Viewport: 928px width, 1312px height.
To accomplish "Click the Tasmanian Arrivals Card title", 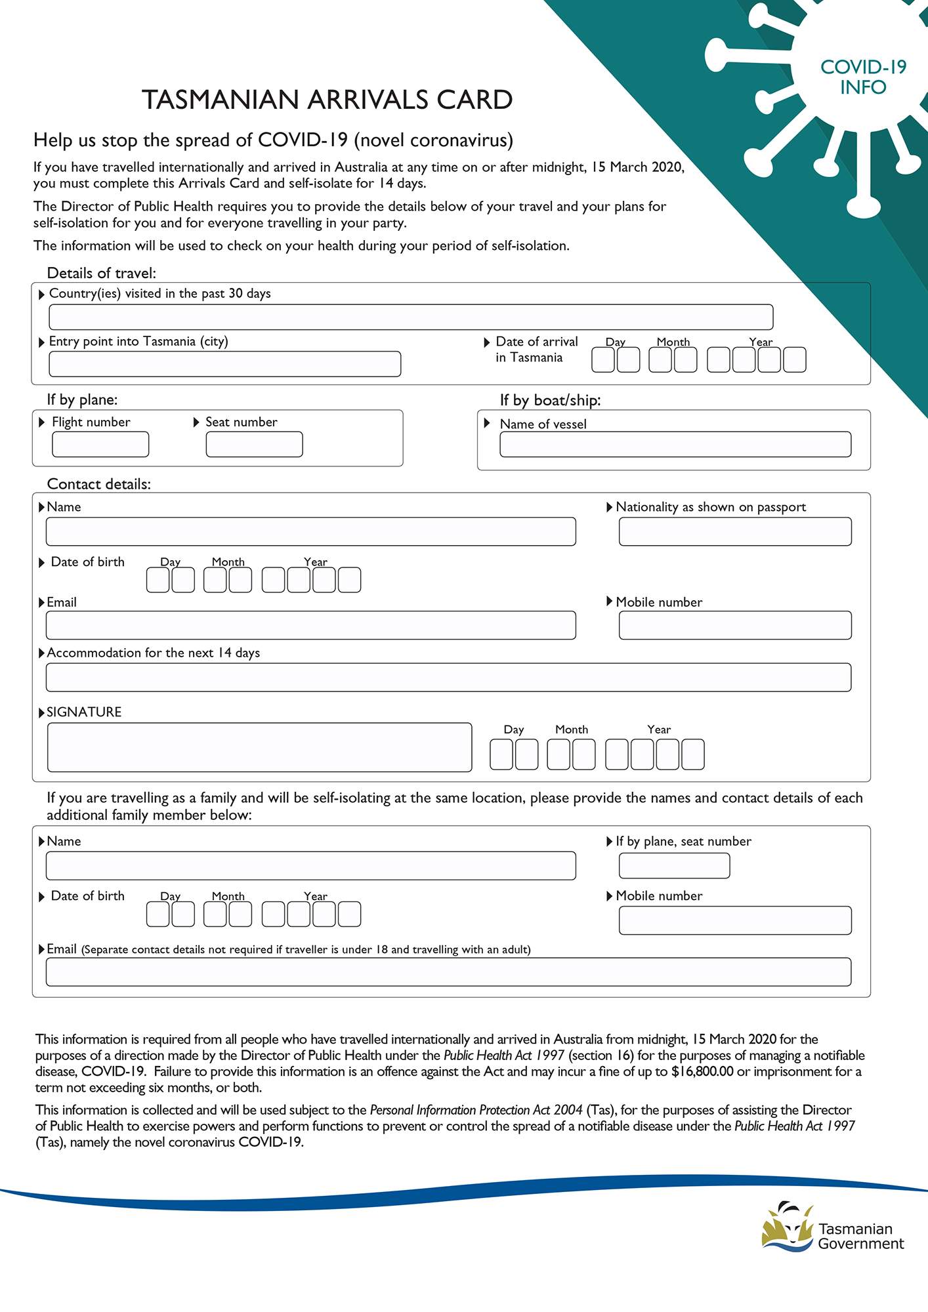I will (x=327, y=100).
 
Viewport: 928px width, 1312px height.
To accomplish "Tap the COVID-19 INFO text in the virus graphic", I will (x=862, y=77).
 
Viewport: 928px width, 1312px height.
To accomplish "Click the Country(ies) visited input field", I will (x=411, y=317).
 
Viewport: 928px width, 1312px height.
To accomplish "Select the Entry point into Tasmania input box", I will (x=224, y=364).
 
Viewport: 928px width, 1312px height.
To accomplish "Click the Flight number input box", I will (x=100, y=444).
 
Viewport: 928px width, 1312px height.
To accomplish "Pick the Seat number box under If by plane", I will (x=254, y=444).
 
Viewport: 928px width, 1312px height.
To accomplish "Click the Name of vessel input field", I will (x=675, y=444).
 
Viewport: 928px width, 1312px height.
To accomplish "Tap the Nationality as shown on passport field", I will (x=734, y=531).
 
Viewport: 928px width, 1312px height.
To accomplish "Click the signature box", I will (x=259, y=747).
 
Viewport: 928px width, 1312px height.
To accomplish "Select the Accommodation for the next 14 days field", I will (x=448, y=677).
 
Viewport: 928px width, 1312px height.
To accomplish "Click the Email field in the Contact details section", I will (x=310, y=625).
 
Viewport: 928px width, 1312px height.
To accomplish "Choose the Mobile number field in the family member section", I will (x=734, y=920).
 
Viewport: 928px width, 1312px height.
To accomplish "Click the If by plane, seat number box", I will (x=674, y=866).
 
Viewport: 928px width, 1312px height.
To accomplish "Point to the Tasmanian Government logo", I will (x=832, y=1227).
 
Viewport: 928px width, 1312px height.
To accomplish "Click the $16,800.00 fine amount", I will (x=702, y=1071).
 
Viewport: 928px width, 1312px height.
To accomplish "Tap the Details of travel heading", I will (x=101, y=273).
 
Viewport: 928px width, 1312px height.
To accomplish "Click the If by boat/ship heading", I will (x=550, y=400).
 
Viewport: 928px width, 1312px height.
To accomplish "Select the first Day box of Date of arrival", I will (x=602, y=359).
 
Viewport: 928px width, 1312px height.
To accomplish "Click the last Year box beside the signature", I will (x=692, y=754).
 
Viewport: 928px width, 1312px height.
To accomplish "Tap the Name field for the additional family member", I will (x=310, y=866).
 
